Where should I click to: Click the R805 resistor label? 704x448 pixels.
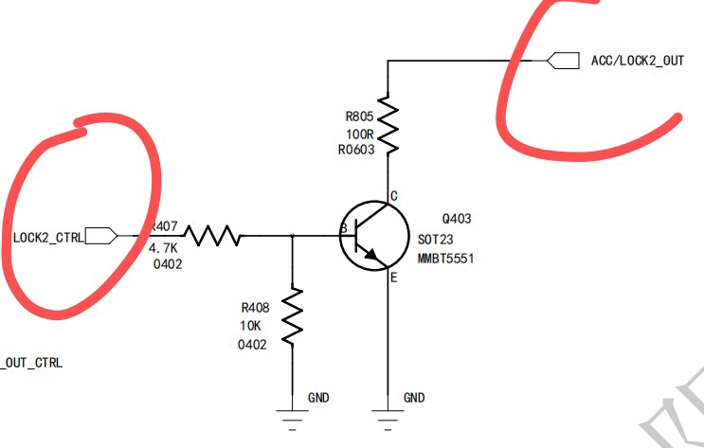(x=361, y=116)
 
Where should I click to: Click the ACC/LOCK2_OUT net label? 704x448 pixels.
(x=637, y=60)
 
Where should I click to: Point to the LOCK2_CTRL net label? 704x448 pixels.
(x=48, y=236)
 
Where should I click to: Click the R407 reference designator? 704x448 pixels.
(x=165, y=227)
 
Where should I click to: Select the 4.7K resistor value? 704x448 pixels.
(x=164, y=247)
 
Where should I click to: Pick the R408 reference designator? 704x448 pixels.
(x=255, y=308)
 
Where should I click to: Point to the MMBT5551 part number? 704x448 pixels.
(x=444, y=257)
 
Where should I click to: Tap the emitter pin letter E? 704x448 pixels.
(x=392, y=278)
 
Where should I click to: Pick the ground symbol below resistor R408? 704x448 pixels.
(x=292, y=411)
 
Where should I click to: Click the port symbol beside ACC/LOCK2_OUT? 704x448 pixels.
(x=565, y=60)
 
